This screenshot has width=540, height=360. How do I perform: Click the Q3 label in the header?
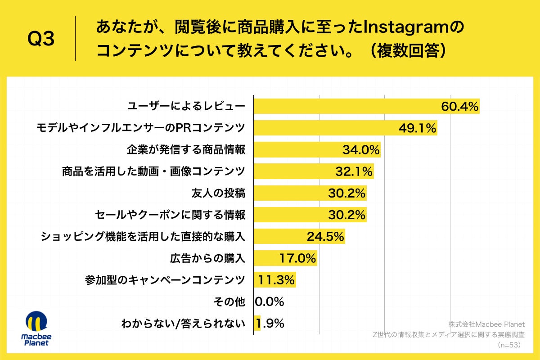(41, 40)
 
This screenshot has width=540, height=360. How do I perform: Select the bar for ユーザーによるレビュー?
(346, 106)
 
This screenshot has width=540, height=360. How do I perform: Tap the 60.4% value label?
(459, 107)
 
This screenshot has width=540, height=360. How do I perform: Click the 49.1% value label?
(418, 128)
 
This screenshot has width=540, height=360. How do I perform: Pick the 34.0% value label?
(361, 150)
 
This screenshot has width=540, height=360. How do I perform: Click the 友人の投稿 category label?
(219, 193)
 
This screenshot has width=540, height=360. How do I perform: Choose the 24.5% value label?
(325, 236)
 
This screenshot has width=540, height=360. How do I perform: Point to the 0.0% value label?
(270, 301)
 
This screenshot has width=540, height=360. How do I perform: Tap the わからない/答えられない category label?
(183, 323)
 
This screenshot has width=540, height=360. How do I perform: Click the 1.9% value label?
(271, 323)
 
